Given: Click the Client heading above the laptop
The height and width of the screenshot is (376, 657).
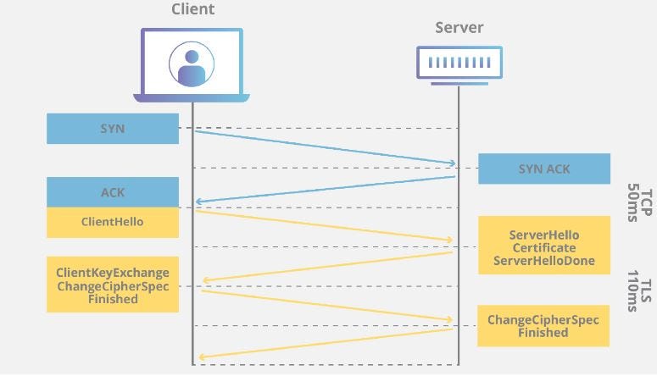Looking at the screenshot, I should tap(192, 10).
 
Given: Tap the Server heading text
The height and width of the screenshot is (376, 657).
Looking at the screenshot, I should tap(459, 28).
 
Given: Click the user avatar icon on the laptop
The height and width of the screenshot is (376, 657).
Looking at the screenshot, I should tap(192, 64).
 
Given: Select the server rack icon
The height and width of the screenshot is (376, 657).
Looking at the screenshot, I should tap(459, 62).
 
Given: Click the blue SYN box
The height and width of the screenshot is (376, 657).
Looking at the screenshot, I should tap(113, 129).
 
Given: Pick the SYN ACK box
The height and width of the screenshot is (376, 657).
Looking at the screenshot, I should tap(543, 169).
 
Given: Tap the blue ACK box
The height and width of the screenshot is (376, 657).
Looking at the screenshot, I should tap(113, 192).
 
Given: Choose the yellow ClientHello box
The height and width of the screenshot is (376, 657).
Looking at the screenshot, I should tap(113, 222).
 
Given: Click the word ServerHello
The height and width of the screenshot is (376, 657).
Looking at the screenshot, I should tap(543, 235).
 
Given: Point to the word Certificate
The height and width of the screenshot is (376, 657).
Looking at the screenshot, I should tap(543, 247).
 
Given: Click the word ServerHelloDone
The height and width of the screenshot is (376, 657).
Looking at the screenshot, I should tap(543, 261).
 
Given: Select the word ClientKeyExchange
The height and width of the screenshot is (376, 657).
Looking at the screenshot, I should tap(113, 273).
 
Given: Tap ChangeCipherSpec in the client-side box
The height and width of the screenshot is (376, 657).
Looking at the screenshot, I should tap(113, 286).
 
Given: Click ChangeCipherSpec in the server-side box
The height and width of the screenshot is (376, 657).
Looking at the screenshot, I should tap(543, 319).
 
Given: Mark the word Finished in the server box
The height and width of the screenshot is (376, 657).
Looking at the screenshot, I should tap(543, 333).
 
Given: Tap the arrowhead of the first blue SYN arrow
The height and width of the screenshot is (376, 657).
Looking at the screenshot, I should tap(452, 163).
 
